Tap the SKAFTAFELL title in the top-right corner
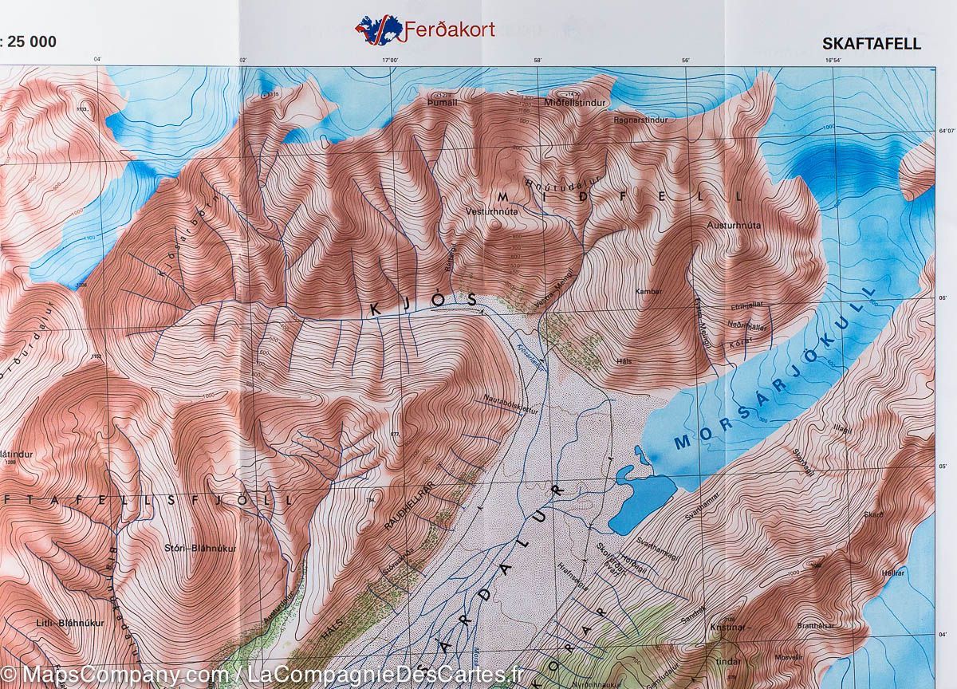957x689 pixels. point(871,44)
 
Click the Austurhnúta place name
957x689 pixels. point(734,225)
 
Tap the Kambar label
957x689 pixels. point(648,291)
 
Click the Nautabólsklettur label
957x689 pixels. point(510,405)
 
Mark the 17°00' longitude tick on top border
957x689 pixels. point(389,59)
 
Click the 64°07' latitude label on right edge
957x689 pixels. point(944,130)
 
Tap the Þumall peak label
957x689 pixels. point(443,103)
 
